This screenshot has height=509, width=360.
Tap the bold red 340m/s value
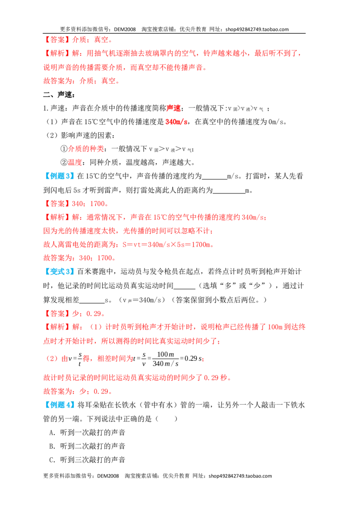[x=177, y=122]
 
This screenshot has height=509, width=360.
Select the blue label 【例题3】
[x=59, y=176]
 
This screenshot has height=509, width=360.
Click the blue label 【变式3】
[x=59, y=272]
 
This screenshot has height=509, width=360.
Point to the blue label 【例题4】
[x=59, y=405]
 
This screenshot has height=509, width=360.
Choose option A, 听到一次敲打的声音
[x=87, y=433]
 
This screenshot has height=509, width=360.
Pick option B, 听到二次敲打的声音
[x=87, y=446]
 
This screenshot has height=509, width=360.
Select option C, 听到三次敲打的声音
[x=87, y=460]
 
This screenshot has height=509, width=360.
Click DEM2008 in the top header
[x=125, y=29]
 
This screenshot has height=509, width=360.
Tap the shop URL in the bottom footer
[x=240, y=476]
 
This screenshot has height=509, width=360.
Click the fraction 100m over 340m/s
[x=166, y=359]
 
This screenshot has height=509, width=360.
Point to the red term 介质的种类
[x=86, y=149]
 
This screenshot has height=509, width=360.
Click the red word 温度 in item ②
[x=75, y=162]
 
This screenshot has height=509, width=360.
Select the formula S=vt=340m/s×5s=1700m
[x=166, y=245]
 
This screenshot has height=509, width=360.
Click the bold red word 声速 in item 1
[x=174, y=108]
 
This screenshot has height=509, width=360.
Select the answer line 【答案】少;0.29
[x=74, y=313]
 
